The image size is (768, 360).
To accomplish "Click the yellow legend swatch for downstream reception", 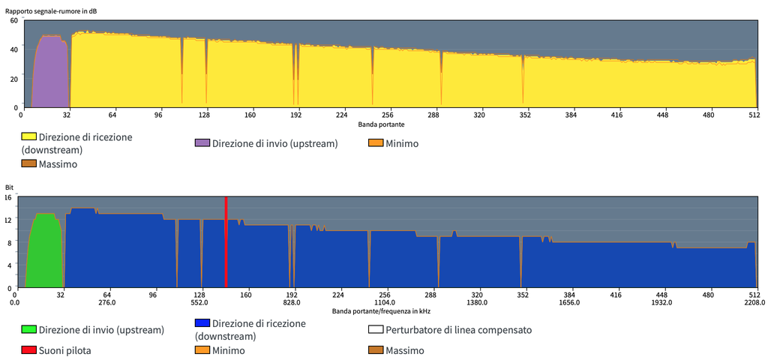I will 29,137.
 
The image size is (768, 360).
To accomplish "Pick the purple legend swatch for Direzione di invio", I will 202,143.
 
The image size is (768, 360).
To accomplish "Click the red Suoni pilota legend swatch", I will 29,350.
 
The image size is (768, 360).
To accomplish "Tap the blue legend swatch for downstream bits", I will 202,323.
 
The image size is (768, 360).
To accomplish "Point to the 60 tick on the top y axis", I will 13,20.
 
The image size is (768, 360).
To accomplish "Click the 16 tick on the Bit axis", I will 8,197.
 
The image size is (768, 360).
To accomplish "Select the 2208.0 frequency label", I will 754,302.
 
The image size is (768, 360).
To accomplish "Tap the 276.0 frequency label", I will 107,302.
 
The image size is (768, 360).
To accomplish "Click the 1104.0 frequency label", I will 385,302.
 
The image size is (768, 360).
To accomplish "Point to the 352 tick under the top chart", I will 525,115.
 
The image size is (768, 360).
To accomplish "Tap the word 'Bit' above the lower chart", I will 9,187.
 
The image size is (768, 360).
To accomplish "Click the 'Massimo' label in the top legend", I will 58,163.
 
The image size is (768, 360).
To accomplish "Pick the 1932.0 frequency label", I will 661,302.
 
